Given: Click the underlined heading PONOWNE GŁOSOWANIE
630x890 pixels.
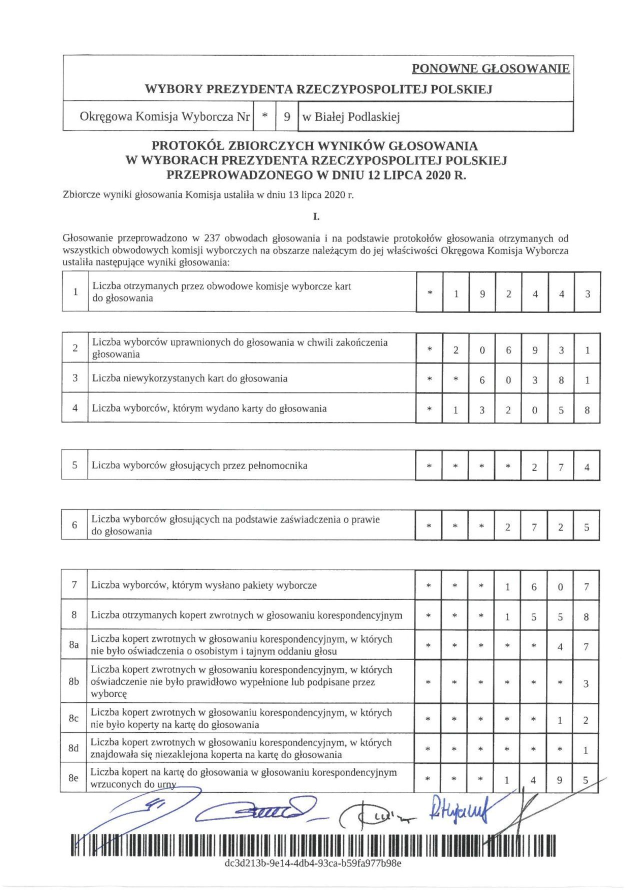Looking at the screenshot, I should click(x=490, y=68).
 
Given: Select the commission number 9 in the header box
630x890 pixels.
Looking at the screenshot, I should click(x=287, y=117).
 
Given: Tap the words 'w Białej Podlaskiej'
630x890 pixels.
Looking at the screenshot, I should click(x=351, y=117).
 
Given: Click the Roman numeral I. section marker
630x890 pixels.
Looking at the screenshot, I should click(x=316, y=216).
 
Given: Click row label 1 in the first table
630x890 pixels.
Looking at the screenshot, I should click(x=75, y=292).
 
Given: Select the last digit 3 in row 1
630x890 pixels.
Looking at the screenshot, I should click(x=587, y=294).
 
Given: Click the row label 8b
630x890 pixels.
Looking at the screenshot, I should click(x=74, y=681).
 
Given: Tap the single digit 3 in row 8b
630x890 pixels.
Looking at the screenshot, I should click(x=586, y=683).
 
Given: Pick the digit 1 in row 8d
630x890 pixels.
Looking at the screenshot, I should click(x=586, y=750).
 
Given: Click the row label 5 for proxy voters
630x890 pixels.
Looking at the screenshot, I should click(x=74, y=465).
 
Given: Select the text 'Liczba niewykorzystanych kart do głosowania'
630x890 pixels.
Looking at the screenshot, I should click(x=189, y=378).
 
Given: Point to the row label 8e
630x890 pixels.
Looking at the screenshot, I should click(x=73, y=778).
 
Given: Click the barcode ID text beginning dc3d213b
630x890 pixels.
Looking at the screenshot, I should click(x=313, y=863).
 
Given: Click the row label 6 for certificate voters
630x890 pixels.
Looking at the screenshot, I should click(x=74, y=525).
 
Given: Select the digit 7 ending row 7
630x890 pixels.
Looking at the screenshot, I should click(x=586, y=586).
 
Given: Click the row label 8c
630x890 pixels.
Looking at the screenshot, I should click(x=73, y=718).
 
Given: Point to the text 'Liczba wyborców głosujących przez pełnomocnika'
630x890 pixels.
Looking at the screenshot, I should click(x=199, y=465).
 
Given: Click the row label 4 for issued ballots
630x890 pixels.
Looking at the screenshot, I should click(x=75, y=408).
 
